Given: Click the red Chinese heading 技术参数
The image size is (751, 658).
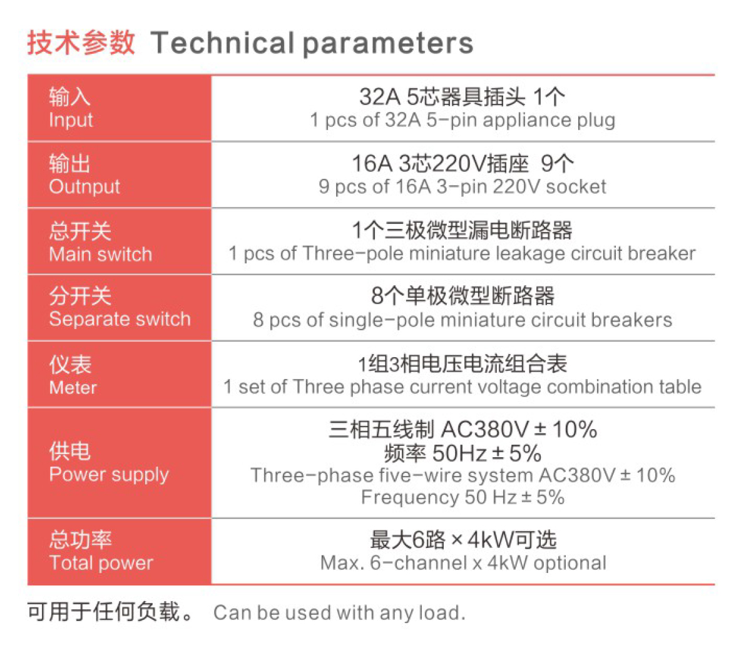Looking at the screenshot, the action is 81,43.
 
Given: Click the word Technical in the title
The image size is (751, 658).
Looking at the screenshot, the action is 222,43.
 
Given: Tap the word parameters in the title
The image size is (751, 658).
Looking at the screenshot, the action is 388,44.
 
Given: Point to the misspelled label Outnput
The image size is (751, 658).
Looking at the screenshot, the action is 84,187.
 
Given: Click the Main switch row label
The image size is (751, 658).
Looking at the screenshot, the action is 101,254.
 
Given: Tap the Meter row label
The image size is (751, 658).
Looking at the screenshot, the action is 73,388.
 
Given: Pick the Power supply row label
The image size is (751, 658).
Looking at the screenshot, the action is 109,475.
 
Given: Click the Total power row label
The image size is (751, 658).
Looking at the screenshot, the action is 101,563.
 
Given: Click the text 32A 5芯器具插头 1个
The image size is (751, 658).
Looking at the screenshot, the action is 462,97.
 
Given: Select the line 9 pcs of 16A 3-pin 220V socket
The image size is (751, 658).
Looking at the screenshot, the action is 462,187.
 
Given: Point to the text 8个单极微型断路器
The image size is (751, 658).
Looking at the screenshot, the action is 462,296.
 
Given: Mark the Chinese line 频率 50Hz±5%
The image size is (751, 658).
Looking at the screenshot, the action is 462,453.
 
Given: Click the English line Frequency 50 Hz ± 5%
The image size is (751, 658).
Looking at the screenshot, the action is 462,497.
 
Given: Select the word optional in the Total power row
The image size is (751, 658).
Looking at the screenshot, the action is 570,563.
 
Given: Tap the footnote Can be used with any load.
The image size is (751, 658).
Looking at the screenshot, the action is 339,613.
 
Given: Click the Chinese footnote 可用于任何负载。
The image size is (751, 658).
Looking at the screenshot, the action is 110,612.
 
